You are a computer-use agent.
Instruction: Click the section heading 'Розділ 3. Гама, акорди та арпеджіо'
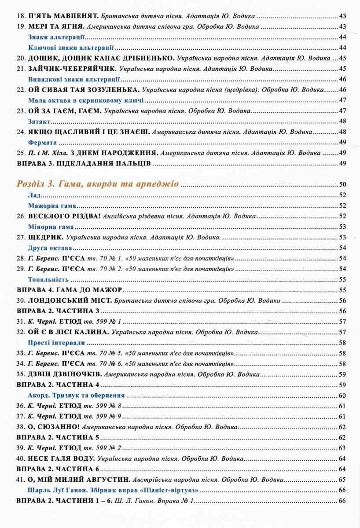coord(97,184)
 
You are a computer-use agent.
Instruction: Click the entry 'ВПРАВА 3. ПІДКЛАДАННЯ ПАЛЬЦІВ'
coord(84,164)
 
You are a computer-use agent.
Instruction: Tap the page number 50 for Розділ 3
coord(343,184)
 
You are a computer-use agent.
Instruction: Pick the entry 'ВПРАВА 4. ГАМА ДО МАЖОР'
coord(69,290)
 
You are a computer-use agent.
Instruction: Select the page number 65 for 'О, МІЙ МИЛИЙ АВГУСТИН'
coord(343,480)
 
